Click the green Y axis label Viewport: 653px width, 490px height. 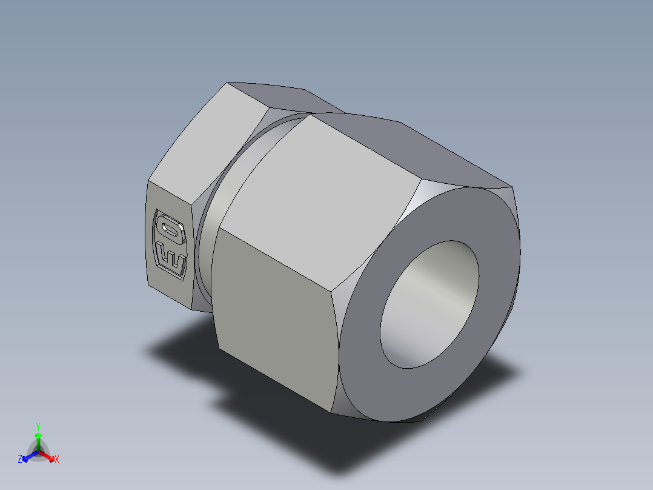pos(38,426)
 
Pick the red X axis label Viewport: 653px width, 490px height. pos(56,460)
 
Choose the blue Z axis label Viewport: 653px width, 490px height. pos(20,460)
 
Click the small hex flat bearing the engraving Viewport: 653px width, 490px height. pos(170,243)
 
